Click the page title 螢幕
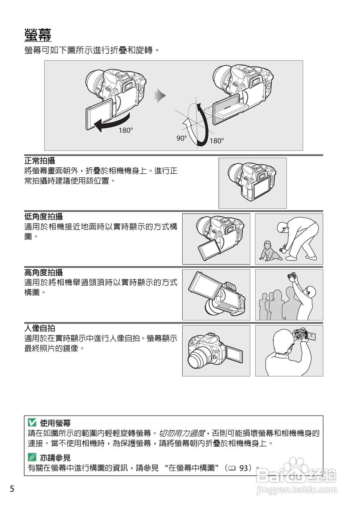[38, 35]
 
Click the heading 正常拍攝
[39, 161]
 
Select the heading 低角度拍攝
[43, 217]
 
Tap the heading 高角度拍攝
[43, 273]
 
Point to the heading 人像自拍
[39, 328]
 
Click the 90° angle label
[182, 138]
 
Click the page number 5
[12, 489]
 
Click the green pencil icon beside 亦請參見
[32, 458]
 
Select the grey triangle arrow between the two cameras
[160, 95]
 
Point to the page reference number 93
[244, 468]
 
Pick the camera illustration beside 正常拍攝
[252, 183]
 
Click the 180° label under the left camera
[126, 130]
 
